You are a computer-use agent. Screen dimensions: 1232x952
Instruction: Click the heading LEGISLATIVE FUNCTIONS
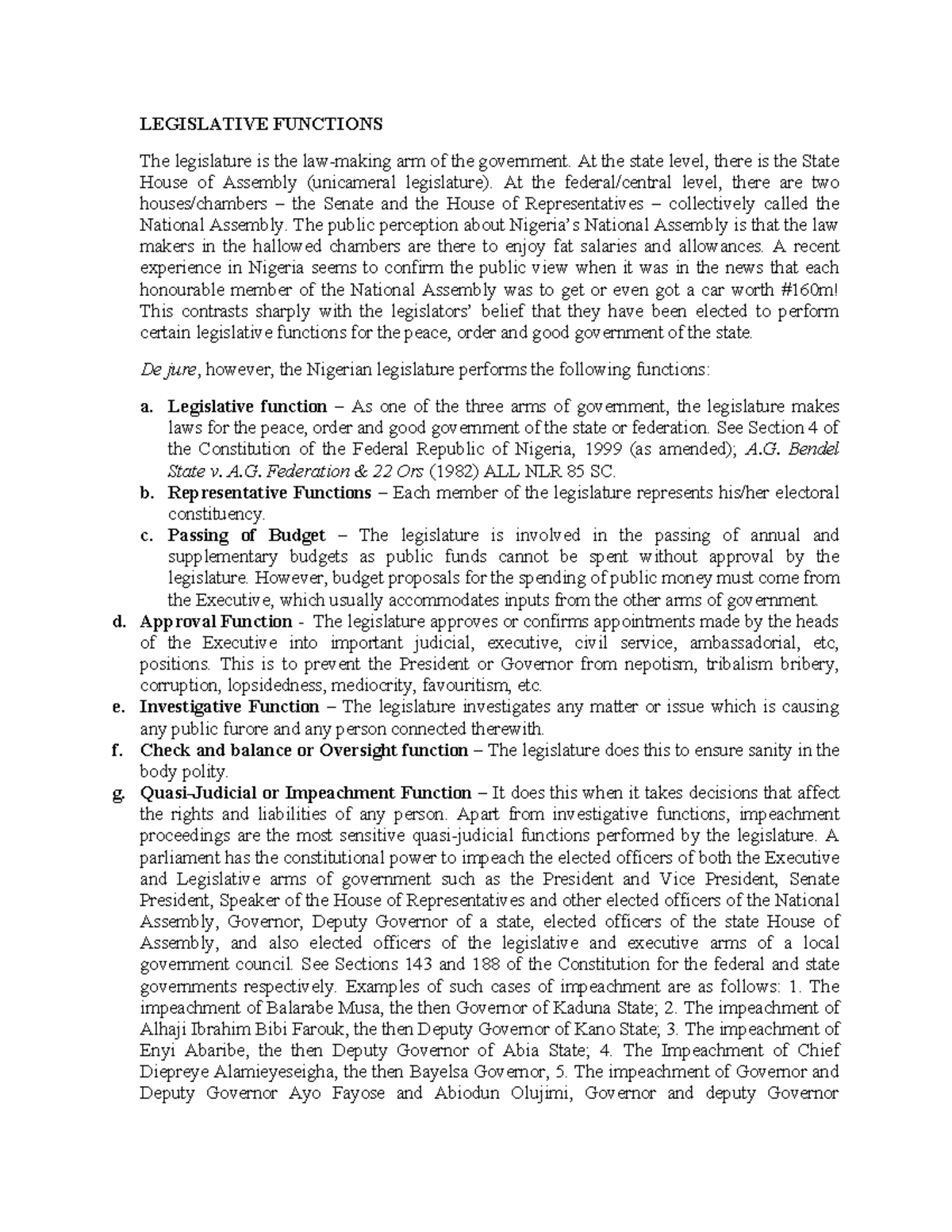pos(261,124)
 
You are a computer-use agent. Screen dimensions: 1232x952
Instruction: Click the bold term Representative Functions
pos(269,493)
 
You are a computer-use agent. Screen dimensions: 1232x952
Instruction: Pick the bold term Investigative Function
pos(229,707)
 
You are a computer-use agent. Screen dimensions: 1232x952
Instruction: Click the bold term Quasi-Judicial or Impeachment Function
pos(305,793)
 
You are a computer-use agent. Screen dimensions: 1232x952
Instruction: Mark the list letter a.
pos(145,407)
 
